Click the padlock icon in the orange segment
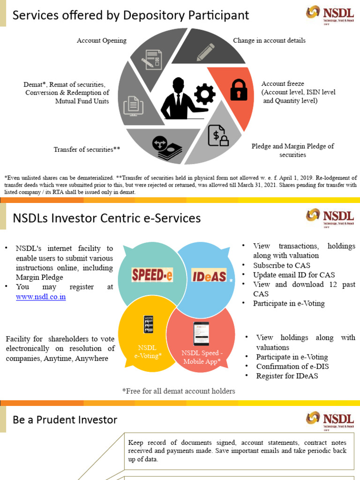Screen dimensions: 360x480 (x=239, y=90)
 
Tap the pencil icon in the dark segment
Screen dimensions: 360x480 (x=205, y=52)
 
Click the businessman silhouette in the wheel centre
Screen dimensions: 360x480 (x=178, y=99)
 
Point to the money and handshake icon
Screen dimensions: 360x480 (x=167, y=148)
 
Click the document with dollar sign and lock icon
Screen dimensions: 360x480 (x=218, y=136)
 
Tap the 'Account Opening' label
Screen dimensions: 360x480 (x=102, y=41)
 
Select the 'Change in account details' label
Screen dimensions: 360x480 (x=269, y=41)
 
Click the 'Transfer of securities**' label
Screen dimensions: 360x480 (x=87, y=150)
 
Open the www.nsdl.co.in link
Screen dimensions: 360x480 (x=41, y=297)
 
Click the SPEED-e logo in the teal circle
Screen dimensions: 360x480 (x=152, y=275)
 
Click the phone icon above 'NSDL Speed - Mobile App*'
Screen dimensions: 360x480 (x=201, y=334)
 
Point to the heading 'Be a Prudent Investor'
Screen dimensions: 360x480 (x=65, y=420)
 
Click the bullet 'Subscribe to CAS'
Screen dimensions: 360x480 (x=281, y=265)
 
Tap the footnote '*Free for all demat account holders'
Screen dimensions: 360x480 (x=178, y=391)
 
